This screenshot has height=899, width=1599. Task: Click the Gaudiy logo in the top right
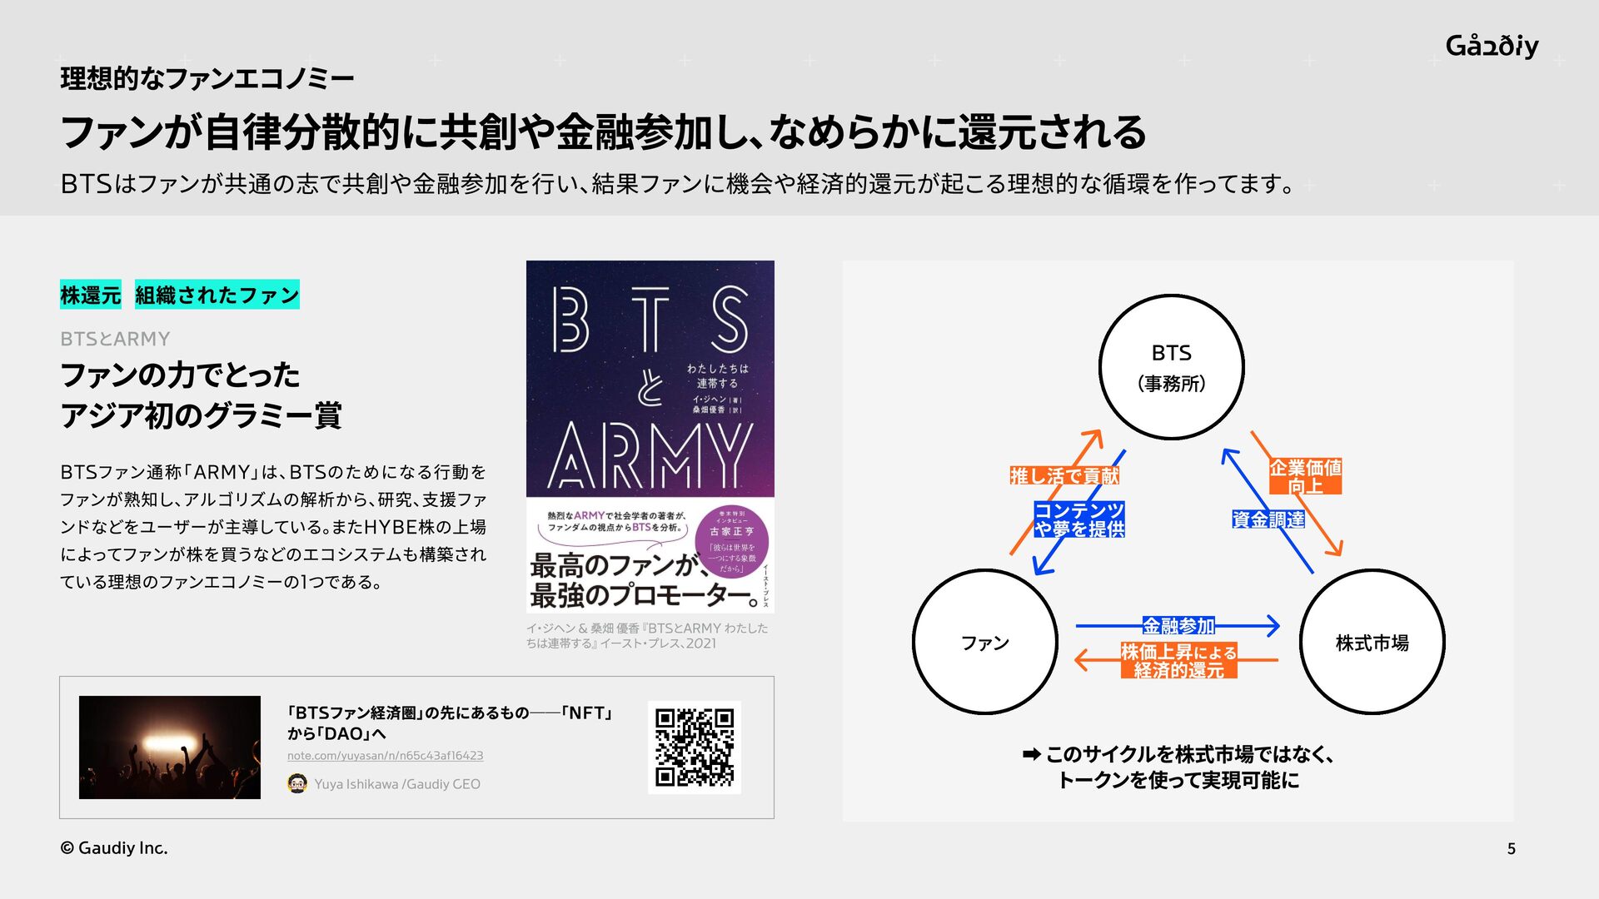[1492, 46]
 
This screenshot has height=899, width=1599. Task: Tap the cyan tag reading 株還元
[91, 295]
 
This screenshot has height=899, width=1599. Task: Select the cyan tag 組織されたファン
[217, 295]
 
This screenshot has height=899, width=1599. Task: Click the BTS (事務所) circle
[1171, 367]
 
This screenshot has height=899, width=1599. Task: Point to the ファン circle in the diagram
[984, 642]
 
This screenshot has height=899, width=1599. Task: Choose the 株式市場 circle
[1372, 642]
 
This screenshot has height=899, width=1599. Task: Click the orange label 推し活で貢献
[1064, 476]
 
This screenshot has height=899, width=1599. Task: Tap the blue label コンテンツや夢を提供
[1079, 519]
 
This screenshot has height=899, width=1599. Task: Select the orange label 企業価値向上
[1305, 476]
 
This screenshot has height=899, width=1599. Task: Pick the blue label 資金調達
[1268, 519]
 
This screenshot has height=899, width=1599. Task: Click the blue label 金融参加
[1178, 625]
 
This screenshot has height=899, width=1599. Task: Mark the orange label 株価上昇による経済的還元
[1178, 661]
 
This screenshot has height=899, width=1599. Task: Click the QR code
[694, 747]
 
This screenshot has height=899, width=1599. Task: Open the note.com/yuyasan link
[385, 756]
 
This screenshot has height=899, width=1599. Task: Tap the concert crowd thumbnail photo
[170, 747]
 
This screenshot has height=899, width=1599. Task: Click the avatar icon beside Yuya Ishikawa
[297, 783]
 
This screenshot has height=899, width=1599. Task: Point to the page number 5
[1511, 849]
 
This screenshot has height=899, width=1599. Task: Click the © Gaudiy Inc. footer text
[114, 848]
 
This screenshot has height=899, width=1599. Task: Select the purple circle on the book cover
[732, 542]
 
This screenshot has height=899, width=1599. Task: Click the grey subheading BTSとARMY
[115, 339]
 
